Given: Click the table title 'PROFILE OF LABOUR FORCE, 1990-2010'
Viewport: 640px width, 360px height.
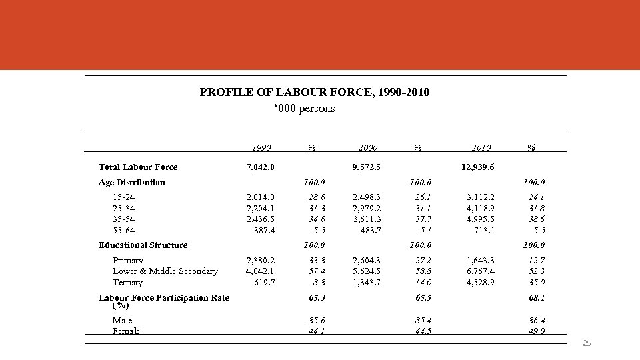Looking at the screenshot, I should [315, 93].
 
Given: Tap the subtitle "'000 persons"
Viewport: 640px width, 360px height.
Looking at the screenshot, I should [305, 109].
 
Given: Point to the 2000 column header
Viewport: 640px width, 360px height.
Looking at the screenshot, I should [367, 148].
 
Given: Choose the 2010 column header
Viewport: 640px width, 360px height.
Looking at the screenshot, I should [480, 148].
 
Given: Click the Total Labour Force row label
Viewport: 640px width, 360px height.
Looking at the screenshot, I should [138, 167].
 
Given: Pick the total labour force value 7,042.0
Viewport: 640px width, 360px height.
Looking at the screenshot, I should [261, 167].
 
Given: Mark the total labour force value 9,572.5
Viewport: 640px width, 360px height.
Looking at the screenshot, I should [367, 167].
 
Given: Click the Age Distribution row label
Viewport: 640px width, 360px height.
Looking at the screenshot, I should [132, 183].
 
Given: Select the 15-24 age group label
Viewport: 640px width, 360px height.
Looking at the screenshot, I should [124, 197].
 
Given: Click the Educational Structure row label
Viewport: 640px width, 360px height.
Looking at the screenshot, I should [143, 245].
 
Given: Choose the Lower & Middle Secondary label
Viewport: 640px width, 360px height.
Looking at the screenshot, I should [165, 271].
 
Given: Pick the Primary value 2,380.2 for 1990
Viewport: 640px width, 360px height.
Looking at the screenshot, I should [261, 261].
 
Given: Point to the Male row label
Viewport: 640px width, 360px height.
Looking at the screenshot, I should [123, 321].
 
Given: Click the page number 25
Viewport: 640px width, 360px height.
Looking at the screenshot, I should [587, 343].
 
